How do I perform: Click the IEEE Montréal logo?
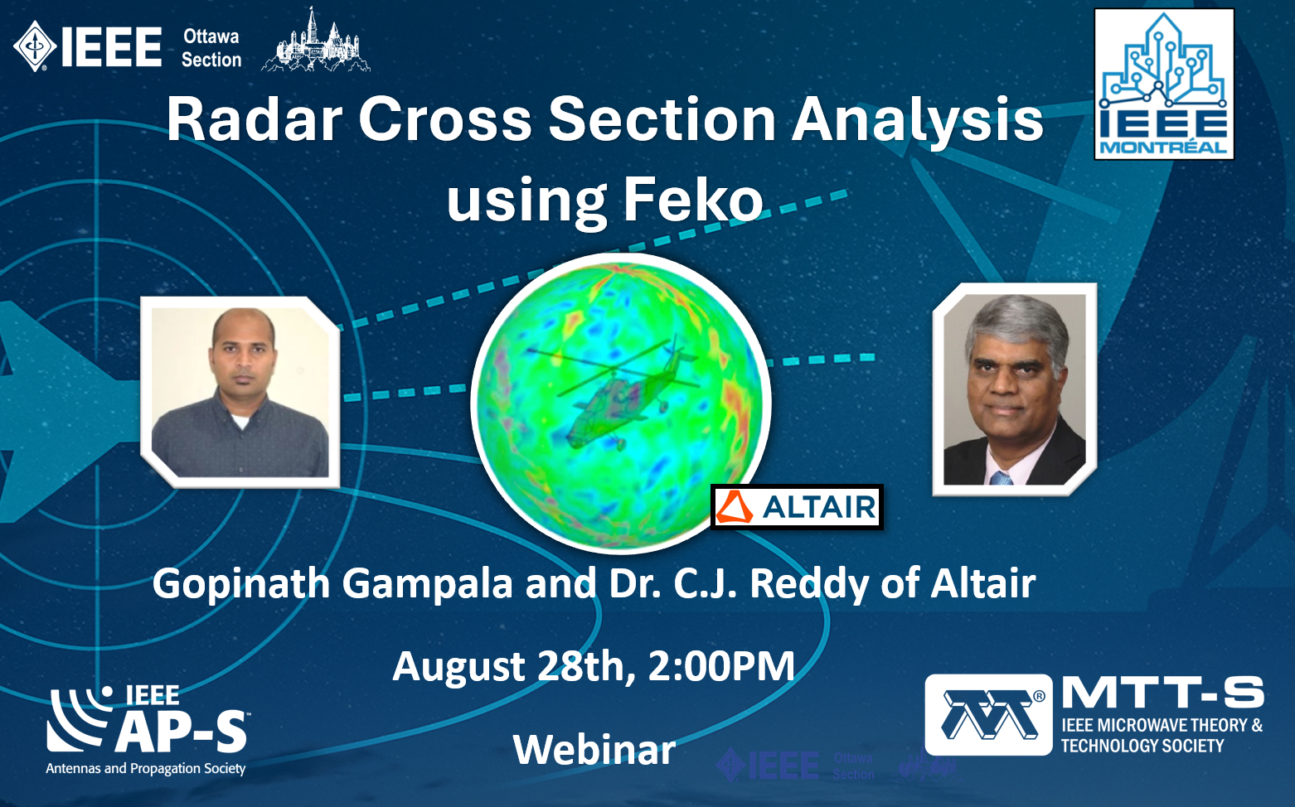point(1164,84)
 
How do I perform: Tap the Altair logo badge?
point(797,507)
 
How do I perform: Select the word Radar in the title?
point(255,119)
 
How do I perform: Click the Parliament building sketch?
point(315,41)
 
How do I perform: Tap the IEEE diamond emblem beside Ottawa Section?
point(35,46)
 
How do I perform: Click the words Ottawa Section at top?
point(211,48)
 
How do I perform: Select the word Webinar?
point(594,750)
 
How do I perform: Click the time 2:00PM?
point(721,666)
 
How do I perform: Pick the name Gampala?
point(427,583)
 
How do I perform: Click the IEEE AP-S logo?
point(146,730)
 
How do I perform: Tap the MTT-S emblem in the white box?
point(988,714)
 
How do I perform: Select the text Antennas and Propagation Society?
point(146,768)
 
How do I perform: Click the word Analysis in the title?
point(918,121)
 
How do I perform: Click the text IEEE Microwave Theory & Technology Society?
point(1162,736)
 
